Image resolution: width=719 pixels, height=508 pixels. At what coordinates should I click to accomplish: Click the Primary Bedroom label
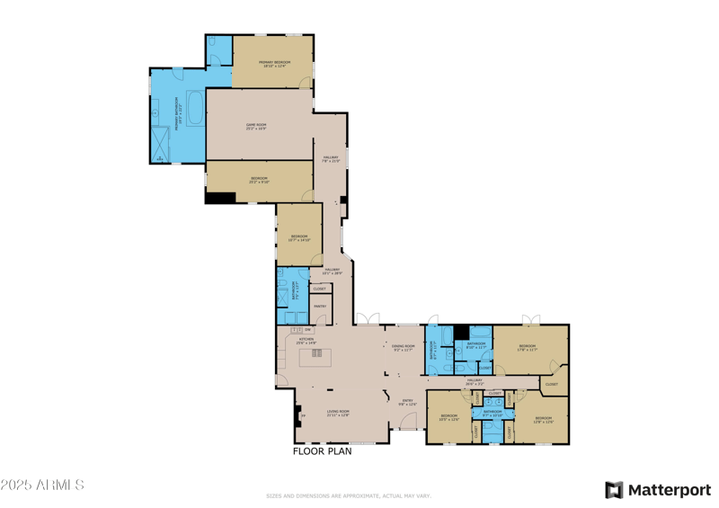tap(273, 63)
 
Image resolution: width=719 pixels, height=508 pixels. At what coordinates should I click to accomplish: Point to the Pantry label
tap(320, 307)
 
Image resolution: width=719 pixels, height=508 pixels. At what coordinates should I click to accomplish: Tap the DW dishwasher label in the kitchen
tap(307, 331)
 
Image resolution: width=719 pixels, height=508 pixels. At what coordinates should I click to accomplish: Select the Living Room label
tap(338, 413)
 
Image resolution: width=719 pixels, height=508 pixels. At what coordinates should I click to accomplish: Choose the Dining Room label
tap(404, 347)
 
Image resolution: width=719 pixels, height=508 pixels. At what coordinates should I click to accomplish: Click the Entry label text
tap(407, 402)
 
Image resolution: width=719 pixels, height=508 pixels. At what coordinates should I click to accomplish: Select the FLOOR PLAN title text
tap(323, 451)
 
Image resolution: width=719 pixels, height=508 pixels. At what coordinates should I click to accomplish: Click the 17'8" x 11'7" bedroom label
tap(527, 348)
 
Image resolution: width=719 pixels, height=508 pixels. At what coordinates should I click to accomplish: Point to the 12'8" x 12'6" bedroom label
tap(543, 419)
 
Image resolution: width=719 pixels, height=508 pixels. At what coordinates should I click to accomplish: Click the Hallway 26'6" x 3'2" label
tap(475, 382)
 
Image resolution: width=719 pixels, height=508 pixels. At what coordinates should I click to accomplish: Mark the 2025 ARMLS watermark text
tap(42, 486)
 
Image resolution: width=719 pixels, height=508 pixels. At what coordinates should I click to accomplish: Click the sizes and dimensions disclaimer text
tap(348, 495)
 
